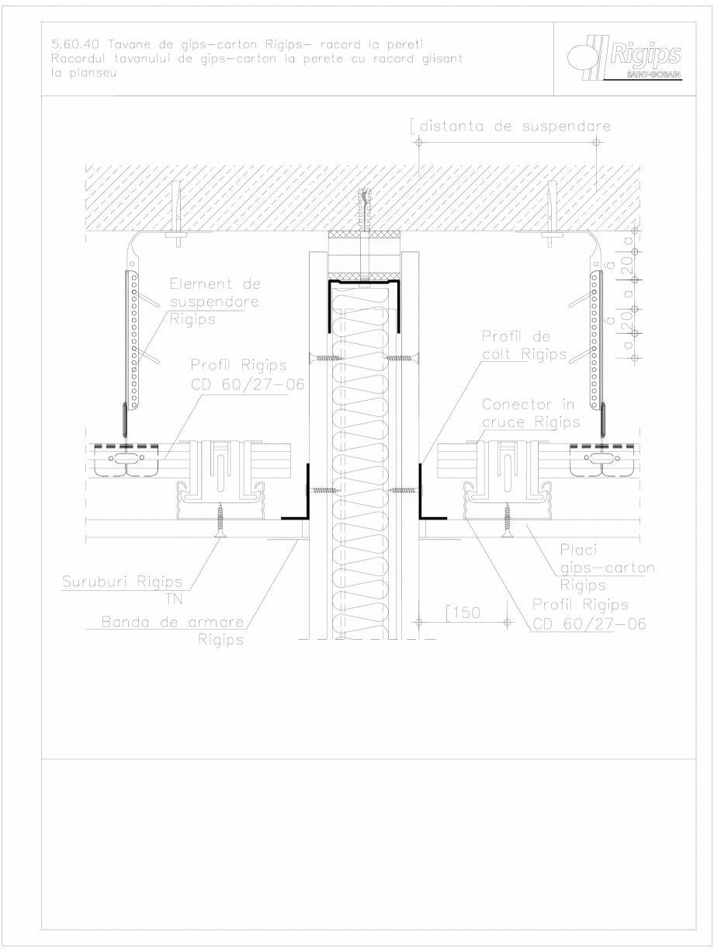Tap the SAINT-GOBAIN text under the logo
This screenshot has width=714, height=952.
653,75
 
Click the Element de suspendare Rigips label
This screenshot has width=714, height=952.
204,302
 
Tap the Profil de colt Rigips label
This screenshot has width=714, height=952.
516,346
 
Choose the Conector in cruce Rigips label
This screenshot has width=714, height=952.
530,414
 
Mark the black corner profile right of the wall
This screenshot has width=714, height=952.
428,497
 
